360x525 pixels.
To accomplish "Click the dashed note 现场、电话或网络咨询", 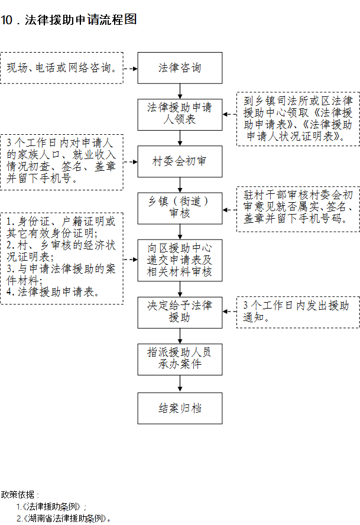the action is click(x=61, y=68).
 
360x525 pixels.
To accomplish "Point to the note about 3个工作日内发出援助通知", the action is click(x=298, y=312).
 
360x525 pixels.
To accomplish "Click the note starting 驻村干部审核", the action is click(x=298, y=209).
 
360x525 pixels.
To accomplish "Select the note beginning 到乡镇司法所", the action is click(x=298, y=119).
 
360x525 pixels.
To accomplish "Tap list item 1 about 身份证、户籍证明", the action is click(x=61, y=227).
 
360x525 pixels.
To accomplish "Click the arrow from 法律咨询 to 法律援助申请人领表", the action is click(x=180, y=91).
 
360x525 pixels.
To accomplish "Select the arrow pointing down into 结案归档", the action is click(x=180, y=384).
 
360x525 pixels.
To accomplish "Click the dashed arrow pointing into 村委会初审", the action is click(x=131, y=162).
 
